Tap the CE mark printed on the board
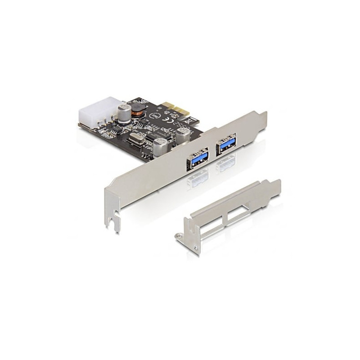170,119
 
